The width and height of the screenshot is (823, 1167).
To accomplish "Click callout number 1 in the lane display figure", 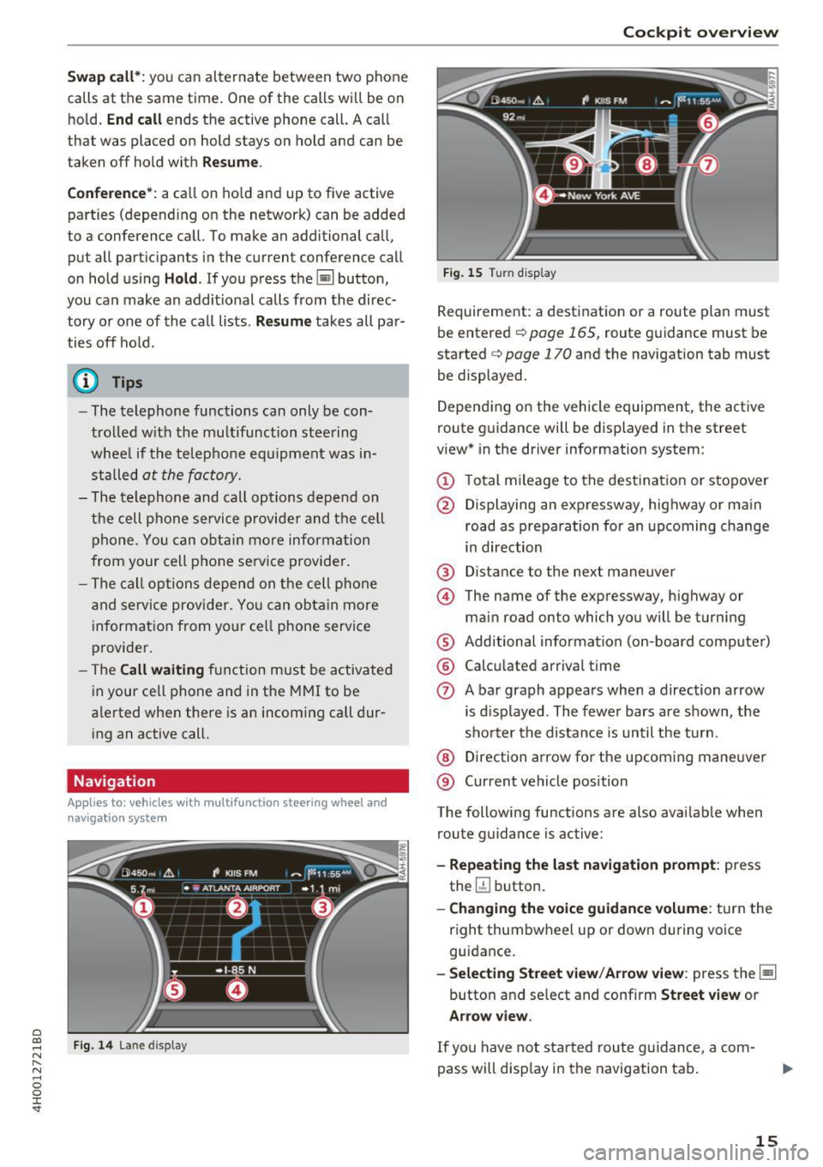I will [x=144, y=907].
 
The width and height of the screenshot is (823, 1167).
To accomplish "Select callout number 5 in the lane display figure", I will [x=174, y=990].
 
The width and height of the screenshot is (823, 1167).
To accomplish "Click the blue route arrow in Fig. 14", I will [x=249, y=930].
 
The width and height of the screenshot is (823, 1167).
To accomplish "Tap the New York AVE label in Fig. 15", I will [x=604, y=196].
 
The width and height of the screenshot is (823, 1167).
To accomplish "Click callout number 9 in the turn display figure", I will [x=574, y=165].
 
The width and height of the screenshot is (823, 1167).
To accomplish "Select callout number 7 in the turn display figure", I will [x=707, y=165].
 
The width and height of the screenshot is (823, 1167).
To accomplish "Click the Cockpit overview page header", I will [x=700, y=33].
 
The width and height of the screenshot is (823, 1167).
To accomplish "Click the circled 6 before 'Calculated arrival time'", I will [x=445, y=666].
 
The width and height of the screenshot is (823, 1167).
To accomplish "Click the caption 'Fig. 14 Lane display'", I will [x=130, y=1045].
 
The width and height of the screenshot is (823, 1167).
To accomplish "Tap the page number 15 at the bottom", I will [x=766, y=1140].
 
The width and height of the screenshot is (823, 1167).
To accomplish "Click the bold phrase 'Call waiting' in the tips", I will [x=162, y=670].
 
